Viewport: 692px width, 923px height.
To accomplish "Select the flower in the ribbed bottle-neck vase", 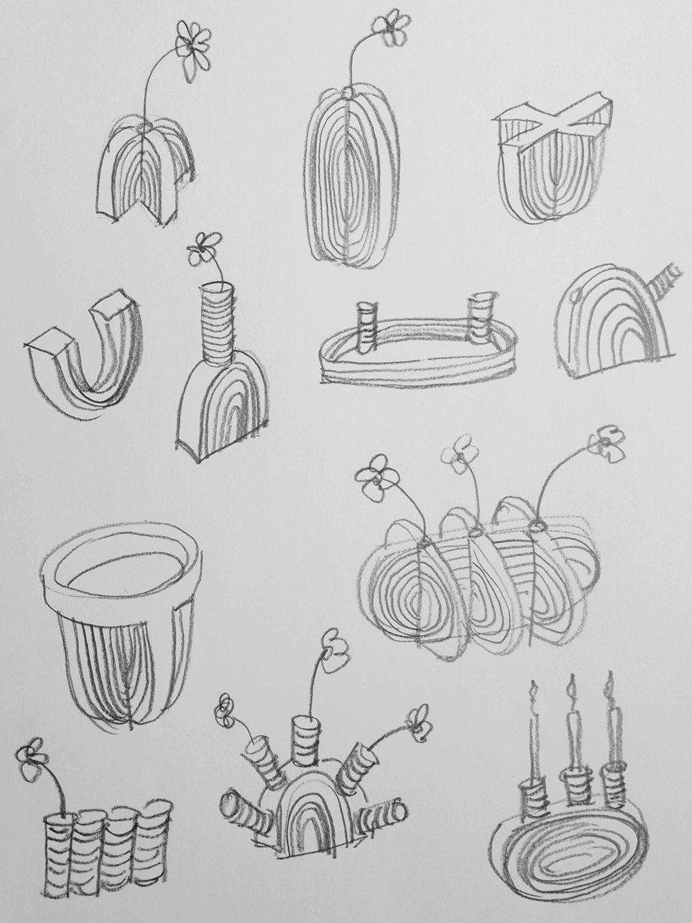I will click(203, 247).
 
